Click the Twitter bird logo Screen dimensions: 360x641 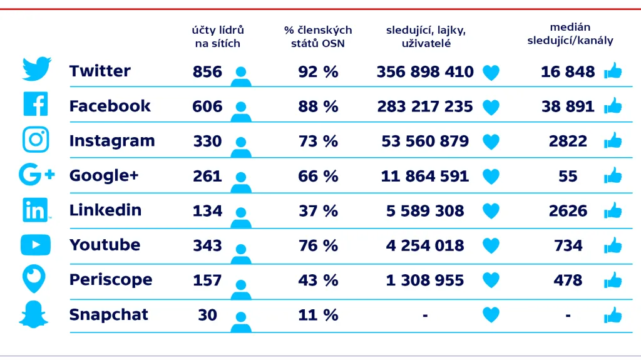[36, 69]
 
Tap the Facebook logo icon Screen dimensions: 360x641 [36, 104]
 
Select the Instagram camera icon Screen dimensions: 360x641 [36, 140]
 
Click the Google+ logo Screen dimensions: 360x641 [36, 175]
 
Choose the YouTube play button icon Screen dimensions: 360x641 [36, 245]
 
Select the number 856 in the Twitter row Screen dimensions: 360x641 [207, 72]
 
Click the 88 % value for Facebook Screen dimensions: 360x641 [318, 106]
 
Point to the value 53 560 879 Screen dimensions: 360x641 [425, 141]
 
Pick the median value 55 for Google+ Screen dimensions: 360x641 [568, 177]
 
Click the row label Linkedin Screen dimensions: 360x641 [105, 210]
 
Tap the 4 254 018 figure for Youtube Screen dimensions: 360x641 [425, 245]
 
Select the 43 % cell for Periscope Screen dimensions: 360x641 [318, 280]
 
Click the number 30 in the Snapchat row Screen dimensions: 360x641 [207, 315]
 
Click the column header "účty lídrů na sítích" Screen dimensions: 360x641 [217, 37]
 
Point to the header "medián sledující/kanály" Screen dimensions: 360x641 [570, 34]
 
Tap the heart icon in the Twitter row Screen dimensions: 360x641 [491, 73]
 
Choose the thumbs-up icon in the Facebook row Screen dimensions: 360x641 [613, 106]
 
